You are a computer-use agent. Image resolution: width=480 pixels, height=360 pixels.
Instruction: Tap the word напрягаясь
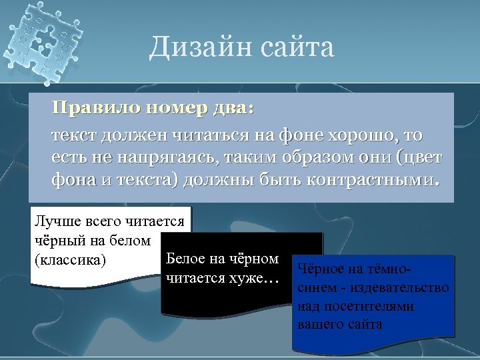click(141, 158)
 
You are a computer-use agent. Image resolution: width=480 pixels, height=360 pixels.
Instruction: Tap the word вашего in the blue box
click(320, 325)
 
